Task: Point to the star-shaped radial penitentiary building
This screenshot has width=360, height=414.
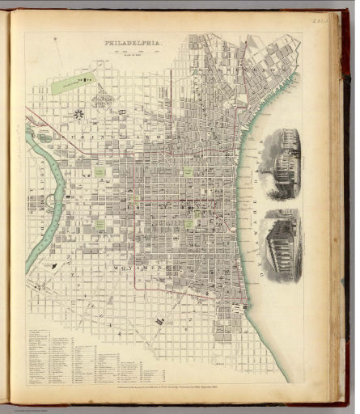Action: pyautogui.click(x=78, y=114)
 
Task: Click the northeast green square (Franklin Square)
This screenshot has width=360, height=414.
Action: pyautogui.click(x=188, y=171)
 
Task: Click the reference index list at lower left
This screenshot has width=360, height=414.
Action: pyautogui.click(x=73, y=356)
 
